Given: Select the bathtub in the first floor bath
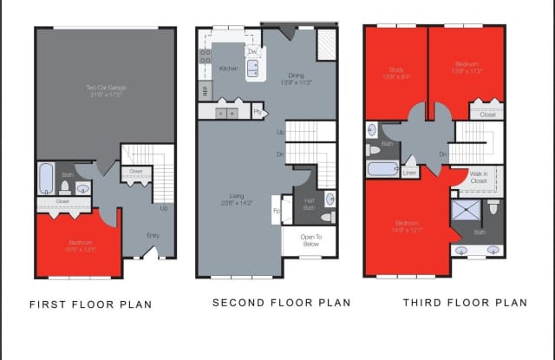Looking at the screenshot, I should click(x=46, y=180).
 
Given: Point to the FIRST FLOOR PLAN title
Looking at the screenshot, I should click(x=90, y=304).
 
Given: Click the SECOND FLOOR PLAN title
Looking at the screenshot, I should click(x=282, y=303).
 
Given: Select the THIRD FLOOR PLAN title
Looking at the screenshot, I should click(x=464, y=303).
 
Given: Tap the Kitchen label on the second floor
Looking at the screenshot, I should click(x=229, y=68).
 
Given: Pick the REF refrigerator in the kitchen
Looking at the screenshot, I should click(x=206, y=90).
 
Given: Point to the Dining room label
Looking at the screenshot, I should click(x=296, y=79).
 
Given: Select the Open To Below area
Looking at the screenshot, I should click(x=310, y=240).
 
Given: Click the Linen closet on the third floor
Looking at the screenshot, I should click(x=409, y=173).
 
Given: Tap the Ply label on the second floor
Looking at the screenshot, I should click(x=258, y=112).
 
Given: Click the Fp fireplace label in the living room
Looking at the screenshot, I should click(x=277, y=210).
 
